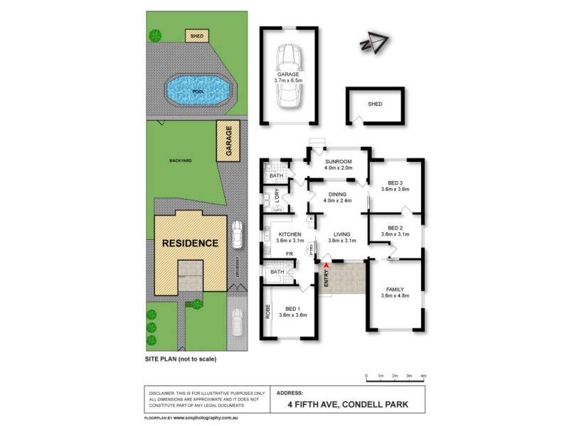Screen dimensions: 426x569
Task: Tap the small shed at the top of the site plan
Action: (196, 35)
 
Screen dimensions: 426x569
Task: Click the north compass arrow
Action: (375, 43)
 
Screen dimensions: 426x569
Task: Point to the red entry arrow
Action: (326, 265)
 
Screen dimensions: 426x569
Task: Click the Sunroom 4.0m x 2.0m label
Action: (338, 165)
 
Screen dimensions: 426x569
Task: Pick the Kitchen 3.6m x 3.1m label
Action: (290, 237)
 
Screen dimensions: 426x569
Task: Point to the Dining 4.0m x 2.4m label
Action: (336, 197)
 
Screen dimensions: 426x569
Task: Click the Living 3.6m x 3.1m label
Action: (342, 237)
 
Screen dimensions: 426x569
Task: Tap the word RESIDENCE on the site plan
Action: (190, 243)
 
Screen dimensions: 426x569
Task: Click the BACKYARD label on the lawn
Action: (181, 161)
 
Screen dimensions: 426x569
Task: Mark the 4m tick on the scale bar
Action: (424, 375)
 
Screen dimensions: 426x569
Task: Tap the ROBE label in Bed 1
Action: (268, 310)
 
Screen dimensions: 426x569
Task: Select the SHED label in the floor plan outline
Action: (375, 104)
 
